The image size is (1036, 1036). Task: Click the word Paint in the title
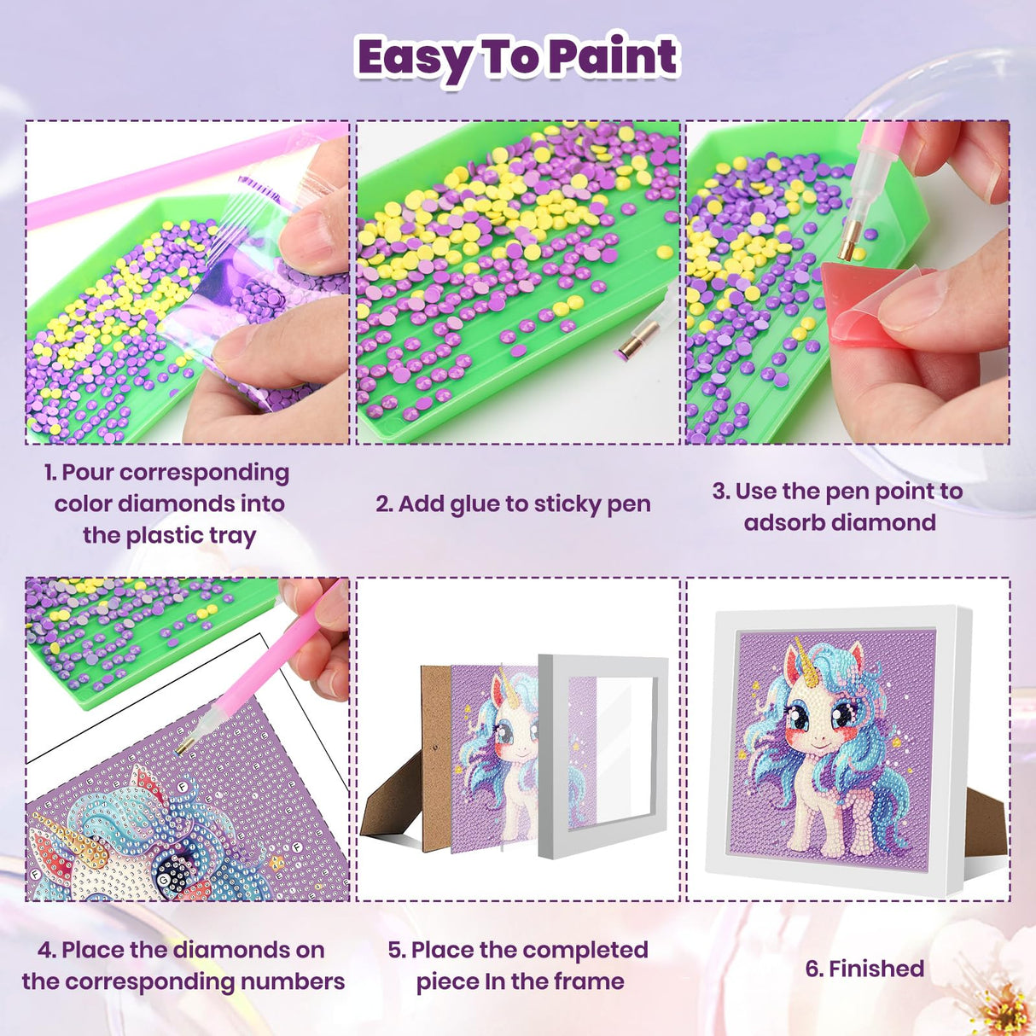(612, 56)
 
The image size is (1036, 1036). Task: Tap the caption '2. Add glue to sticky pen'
(513, 504)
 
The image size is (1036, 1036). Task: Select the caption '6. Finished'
(864, 969)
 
